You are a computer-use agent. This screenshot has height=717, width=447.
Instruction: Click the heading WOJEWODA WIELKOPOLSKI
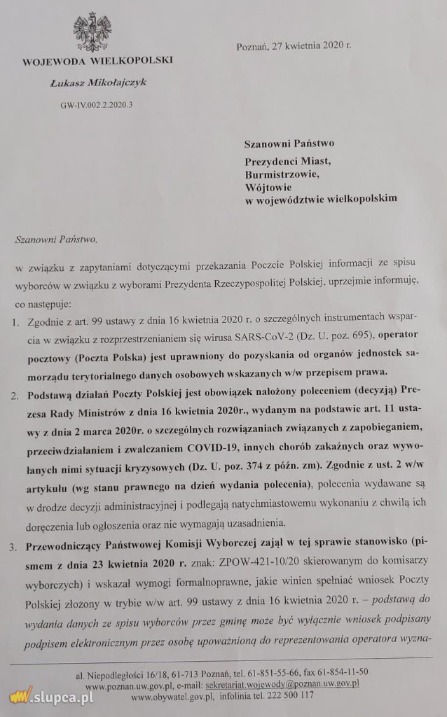tap(97, 60)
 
